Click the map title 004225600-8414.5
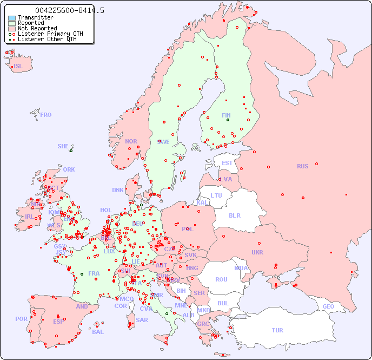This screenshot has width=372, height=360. (x=70, y=10)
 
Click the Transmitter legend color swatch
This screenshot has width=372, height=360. (x=12, y=17)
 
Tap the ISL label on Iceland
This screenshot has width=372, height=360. (x=18, y=67)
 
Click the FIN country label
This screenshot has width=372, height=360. (x=226, y=115)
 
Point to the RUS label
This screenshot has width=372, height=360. (x=302, y=166)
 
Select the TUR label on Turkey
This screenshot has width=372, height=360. (x=277, y=330)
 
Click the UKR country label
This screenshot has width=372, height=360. (x=257, y=252)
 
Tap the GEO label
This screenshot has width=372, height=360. (x=328, y=306)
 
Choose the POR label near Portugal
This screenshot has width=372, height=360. (x=21, y=319)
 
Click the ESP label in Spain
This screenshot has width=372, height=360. (x=58, y=321)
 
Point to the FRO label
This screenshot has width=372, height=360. (x=46, y=115)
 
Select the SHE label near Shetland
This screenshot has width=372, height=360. (x=63, y=146)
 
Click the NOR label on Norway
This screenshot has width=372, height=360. (x=131, y=141)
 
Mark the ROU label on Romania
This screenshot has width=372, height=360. (x=221, y=279)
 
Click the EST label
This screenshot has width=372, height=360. (x=227, y=163)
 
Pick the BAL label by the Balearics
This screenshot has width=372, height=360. (x=97, y=332)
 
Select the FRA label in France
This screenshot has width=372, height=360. (x=94, y=273)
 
